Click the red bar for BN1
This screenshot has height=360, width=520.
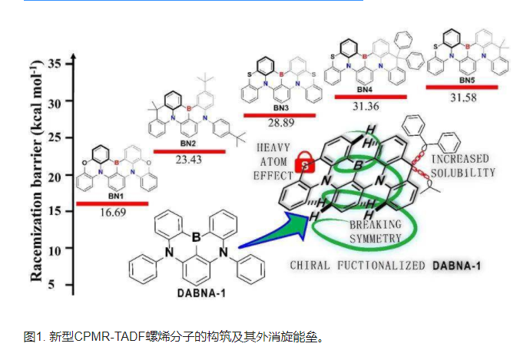point(111,203)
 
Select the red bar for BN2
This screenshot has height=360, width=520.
point(189,151)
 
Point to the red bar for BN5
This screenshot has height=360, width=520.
point(462,87)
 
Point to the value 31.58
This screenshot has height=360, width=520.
point(462,98)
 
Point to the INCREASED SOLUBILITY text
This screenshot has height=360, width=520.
point(462,166)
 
